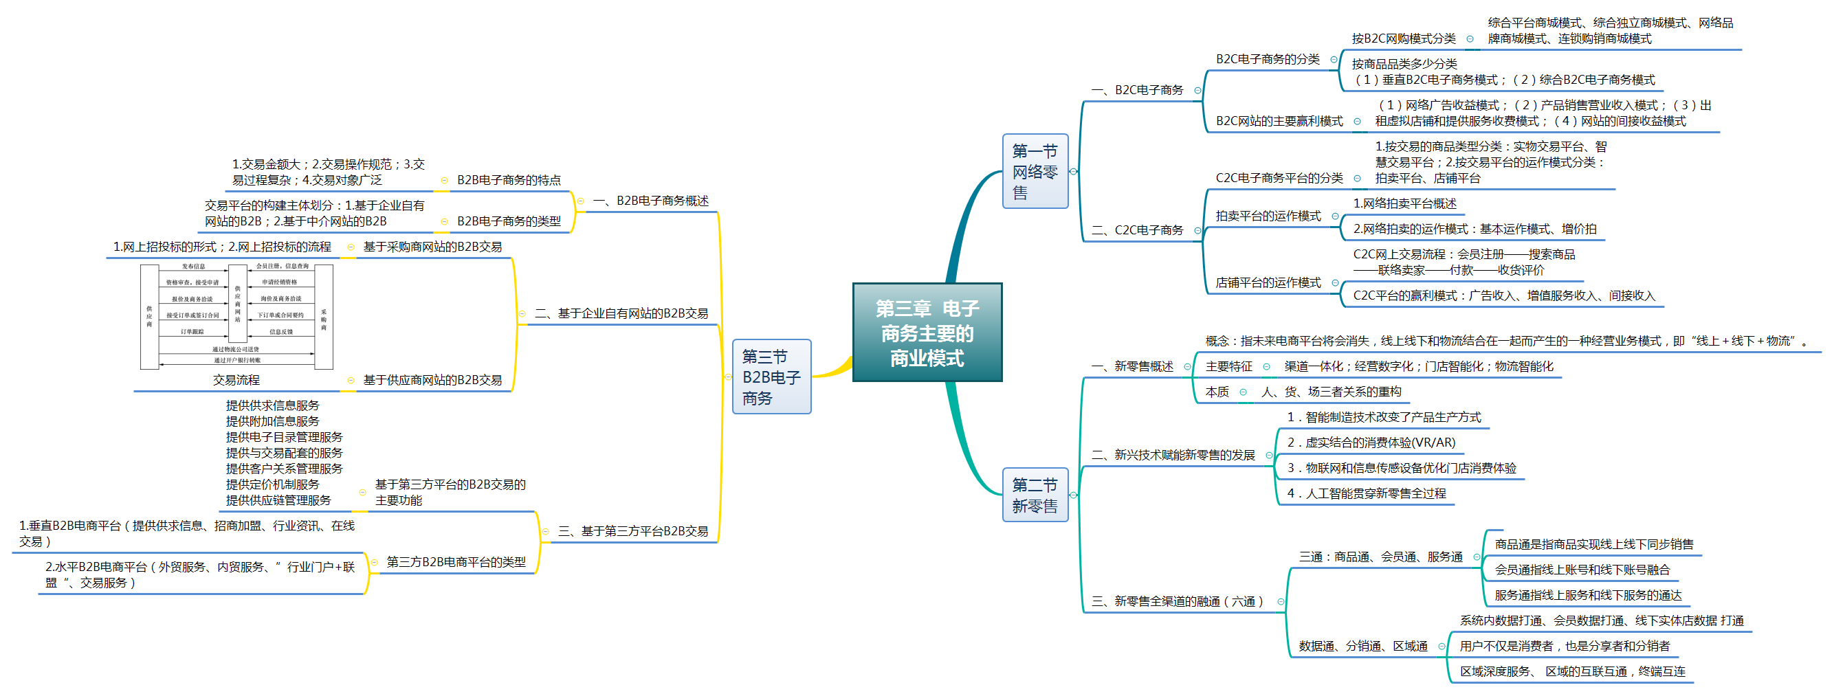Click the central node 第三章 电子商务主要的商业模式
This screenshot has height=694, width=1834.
927,333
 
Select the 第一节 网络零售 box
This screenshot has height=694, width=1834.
1035,172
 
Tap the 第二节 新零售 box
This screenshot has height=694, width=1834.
1035,495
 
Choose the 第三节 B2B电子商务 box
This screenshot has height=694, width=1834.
771,377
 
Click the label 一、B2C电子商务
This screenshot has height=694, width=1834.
1137,91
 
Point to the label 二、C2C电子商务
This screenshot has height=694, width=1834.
1137,231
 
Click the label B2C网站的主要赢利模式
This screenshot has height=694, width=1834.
1279,122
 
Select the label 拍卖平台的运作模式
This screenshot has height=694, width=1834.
1268,216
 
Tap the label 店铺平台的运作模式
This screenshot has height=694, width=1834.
1268,283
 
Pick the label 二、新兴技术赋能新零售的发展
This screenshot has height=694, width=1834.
1173,456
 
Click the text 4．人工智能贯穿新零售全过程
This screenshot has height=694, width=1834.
1367,494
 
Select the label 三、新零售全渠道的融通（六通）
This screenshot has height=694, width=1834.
1178,602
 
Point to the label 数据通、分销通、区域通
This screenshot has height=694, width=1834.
1362,647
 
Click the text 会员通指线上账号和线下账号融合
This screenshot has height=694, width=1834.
1582,570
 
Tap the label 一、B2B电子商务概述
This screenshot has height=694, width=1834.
651,201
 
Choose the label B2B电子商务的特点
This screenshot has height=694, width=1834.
509,181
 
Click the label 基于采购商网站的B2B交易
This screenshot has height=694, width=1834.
432,247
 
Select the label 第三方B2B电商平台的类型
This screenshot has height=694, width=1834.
456,562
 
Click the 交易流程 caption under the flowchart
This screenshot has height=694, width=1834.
236,381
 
